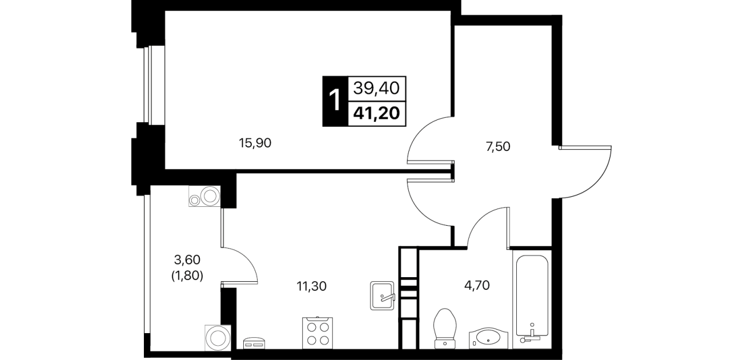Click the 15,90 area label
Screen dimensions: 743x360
(x=255, y=143)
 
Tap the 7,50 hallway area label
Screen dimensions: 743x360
(x=498, y=147)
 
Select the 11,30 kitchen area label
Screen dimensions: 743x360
(x=311, y=286)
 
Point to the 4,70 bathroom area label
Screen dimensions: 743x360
(x=477, y=285)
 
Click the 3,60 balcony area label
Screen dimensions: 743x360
(x=187, y=260)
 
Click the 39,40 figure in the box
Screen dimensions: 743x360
(x=376, y=89)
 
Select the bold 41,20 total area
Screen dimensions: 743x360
(x=376, y=114)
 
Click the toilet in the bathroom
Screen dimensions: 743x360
(x=445, y=329)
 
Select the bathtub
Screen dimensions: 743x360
(x=532, y=299)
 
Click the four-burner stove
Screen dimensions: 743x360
(x=318, y=333)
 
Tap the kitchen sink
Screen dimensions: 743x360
(x=382, y=295)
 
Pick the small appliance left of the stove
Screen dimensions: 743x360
(x=254, y=343)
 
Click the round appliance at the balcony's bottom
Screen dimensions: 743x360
(x=218, y=338)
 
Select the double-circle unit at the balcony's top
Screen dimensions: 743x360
(x=204, y=196)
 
